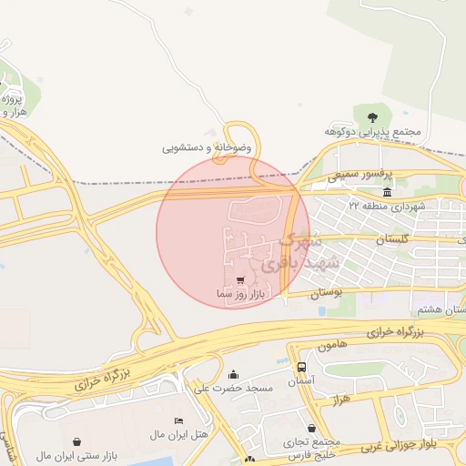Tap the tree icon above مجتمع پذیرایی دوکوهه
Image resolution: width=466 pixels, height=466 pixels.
[372, 116]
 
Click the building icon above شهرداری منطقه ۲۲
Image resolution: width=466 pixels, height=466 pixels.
[388, 193]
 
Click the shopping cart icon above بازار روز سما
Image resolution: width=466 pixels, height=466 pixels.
[239, 280]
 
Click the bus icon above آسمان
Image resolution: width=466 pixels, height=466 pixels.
[301, 366]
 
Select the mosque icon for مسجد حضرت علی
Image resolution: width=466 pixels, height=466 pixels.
[233, 374]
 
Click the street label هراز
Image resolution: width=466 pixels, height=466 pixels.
[342, 400]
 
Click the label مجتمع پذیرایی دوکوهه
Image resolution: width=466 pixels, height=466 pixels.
[373, 132]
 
